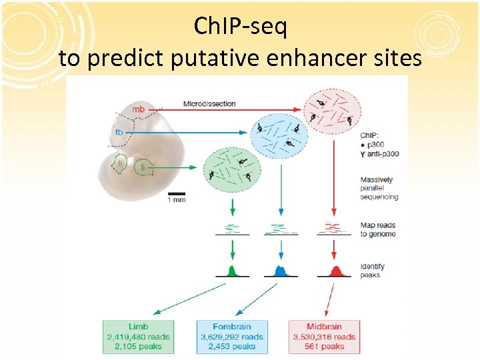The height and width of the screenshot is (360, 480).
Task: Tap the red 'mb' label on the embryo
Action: [x=138, y=109]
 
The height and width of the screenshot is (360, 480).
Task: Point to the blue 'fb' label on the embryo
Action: [x=119, y=132]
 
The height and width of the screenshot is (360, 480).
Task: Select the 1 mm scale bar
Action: [x=176, y=195]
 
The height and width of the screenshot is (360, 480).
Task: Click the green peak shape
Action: [x=231, y=271]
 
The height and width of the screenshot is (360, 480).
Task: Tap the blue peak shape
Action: [x=281, y=271]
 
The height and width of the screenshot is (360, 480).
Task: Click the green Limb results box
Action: [x=138, y=336]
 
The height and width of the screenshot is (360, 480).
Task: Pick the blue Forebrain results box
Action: [x=231, y=336]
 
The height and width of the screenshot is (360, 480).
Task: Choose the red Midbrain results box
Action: [x=324, y=336]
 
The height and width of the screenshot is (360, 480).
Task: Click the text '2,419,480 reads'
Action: [x=138, y=337]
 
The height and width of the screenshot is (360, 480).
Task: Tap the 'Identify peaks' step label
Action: [x=373, y=271]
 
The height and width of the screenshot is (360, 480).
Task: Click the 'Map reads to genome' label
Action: [x=378, y=229]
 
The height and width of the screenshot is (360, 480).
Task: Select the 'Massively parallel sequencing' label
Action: [x=379, y=188]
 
